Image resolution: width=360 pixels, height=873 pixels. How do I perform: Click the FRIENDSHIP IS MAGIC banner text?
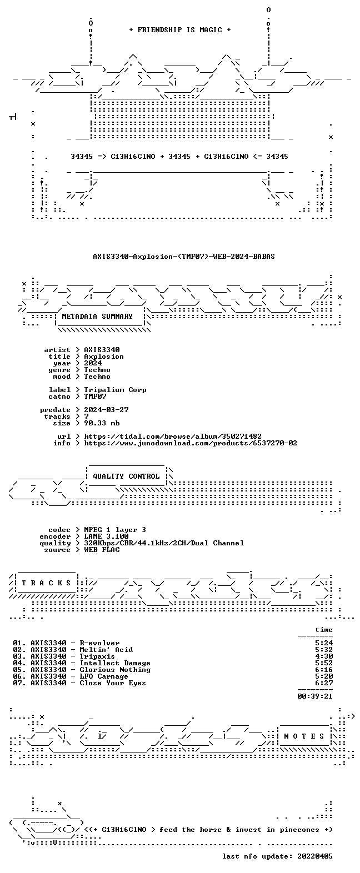click(180, 30)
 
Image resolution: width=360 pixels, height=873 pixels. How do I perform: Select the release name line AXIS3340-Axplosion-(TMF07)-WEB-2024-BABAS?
click(184, 257)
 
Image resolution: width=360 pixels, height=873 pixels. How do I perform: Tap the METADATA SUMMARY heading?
click(97, 317)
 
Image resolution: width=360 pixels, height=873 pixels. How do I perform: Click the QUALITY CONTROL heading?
click(126, 476)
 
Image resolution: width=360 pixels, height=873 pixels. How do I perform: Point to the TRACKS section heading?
click(47, 583)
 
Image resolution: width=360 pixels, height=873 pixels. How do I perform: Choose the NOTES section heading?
click(304, 736)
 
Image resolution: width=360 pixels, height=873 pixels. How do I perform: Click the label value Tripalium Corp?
click(116, 390)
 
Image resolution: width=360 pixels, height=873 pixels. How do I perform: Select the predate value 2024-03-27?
click(107, 410)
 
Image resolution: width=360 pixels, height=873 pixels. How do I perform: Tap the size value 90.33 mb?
click(102, 423)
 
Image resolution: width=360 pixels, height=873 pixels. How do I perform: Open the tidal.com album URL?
click(173, 436)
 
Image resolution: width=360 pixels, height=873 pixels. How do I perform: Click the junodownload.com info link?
click(191, 443)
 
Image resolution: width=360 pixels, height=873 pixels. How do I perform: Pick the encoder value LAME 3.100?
click(107, 536)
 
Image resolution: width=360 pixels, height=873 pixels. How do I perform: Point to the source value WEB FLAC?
click(102, 550)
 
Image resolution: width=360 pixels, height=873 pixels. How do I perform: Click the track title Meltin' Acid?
click(107, 650)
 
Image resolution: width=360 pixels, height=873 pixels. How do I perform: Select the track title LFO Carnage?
click(104, 676)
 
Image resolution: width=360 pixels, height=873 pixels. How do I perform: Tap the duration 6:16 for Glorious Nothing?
click(324, 670)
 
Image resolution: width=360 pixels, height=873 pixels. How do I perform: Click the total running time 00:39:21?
click(315, 696)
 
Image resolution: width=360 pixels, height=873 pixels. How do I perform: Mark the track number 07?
click(18, 683)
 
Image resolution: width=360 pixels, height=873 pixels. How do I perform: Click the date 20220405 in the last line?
click(315, 856)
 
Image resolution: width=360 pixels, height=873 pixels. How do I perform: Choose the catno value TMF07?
click(96, 397)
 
